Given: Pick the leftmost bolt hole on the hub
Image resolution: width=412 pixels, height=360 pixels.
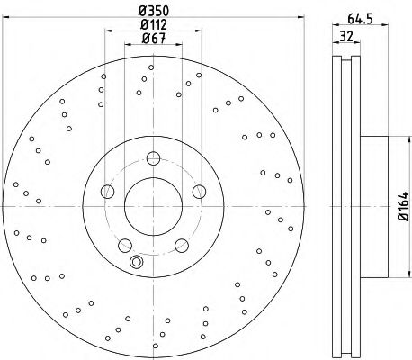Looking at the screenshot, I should (108, 191).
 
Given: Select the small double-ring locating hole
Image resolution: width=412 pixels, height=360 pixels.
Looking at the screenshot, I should (137, 263).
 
